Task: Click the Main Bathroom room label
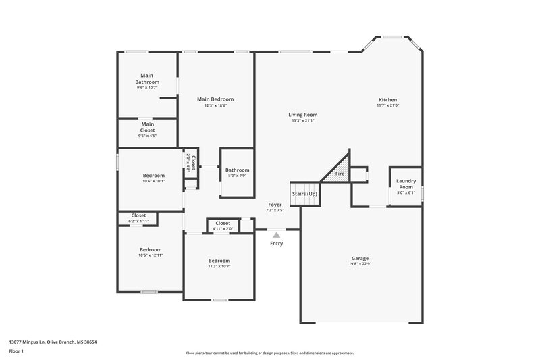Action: [147, 78]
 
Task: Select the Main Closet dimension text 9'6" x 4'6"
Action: [147, 136]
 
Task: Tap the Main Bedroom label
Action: [215, 99]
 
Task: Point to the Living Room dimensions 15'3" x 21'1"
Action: [303, 121]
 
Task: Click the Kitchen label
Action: [387, 99]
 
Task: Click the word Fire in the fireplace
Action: [340, 175]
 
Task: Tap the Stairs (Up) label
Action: [304, 194]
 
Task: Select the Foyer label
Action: [275, 204]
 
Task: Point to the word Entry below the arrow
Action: [277, 243]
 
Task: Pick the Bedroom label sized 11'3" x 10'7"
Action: [219, 261]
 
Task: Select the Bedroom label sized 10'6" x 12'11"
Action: [150, 249]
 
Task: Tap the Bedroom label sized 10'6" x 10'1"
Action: [153, 176]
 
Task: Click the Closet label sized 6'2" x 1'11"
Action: [138, 215]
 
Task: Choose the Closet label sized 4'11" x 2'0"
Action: [223, 223]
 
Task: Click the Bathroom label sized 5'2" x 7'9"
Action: [237, 170]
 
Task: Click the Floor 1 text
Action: [16, 352]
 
